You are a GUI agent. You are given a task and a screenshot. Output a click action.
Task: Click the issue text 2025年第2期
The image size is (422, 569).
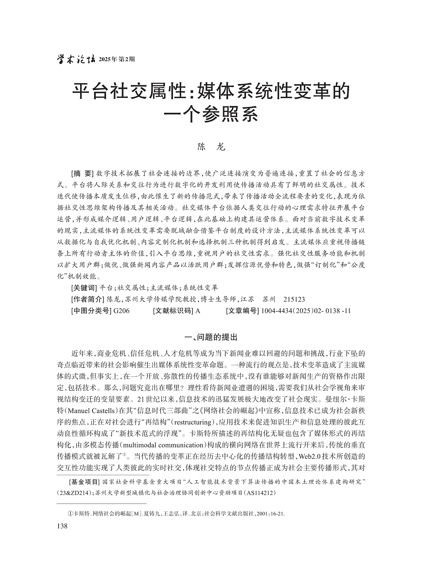pos(116,60)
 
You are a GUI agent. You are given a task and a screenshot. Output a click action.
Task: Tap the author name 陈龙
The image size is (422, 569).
pos(211,147)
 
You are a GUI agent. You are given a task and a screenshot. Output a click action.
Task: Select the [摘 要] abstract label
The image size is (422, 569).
pos(82,174)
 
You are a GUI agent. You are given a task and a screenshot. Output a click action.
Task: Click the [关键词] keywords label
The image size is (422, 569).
pos(84,288)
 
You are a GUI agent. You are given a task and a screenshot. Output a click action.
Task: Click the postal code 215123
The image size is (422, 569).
pos(294,299)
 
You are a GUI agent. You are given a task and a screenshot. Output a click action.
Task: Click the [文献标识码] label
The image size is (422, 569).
pos(173,311)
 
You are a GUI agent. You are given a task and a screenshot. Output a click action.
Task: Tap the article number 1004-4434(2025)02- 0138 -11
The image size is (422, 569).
pos(306,311)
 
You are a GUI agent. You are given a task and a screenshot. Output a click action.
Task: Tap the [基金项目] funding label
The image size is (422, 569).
pos(84,482)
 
